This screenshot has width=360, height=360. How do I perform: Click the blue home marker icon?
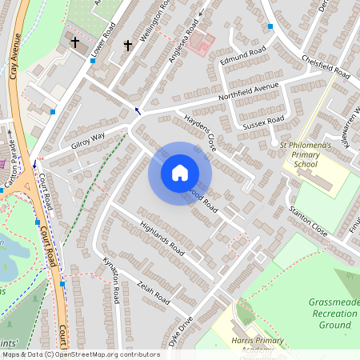coord(180,173)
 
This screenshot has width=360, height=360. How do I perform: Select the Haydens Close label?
coord(201,131)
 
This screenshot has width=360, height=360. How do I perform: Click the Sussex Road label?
coord(265,122)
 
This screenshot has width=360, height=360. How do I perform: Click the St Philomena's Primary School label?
coord(306,154)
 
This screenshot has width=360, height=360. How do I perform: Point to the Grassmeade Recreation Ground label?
coord(332,313)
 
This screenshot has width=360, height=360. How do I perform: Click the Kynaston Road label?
coord(111,281)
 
